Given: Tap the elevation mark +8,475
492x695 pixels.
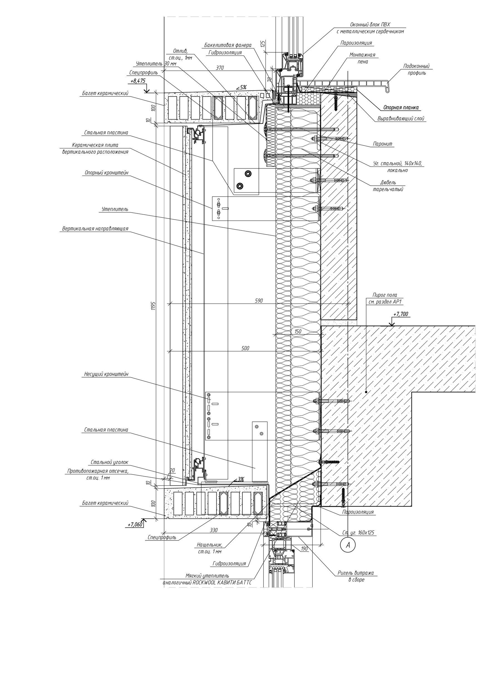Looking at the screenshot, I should tap(138, 81).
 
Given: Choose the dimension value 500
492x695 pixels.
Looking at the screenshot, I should tap(245, 348).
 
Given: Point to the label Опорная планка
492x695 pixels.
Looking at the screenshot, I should tap(401, 108).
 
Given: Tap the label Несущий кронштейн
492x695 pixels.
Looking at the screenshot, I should tap(106, 374).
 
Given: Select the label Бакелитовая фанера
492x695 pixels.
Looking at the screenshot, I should tap(228, 45).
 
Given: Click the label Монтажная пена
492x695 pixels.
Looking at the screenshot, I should tap(362, 58).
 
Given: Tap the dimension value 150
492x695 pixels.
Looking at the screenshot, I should tap(298, 331).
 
